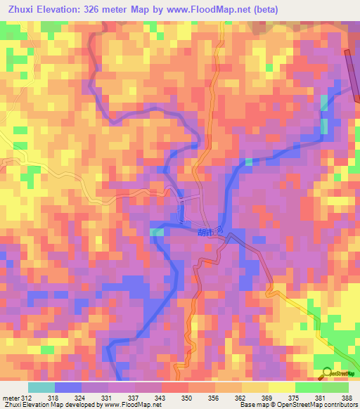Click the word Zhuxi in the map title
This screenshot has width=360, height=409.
point(20,10)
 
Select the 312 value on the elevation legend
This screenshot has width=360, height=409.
point(27,398)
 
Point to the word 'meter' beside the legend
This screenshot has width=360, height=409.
point(10,398)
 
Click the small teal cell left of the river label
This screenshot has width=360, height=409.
point(157,232)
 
